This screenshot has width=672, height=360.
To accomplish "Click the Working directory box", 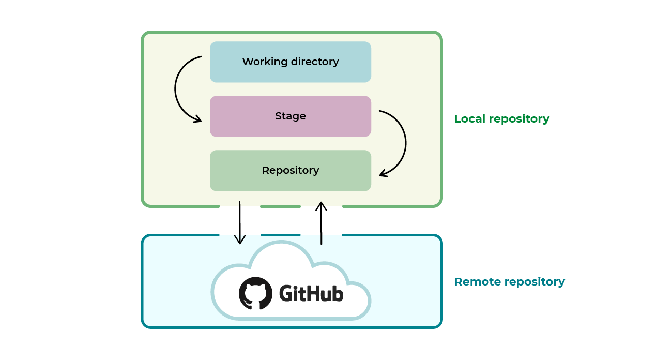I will (x=290, y=62).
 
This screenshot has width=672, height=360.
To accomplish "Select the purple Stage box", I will (x=290, y=116).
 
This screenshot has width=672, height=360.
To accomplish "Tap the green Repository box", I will (x=290, y=171).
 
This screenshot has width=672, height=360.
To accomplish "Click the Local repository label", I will (x=501, y=119).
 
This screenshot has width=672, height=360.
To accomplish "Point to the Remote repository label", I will (x=509, y=282).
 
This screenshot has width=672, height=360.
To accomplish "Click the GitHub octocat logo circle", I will (x=255, y=293).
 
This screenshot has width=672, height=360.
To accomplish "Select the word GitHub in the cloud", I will (x=311, y=294).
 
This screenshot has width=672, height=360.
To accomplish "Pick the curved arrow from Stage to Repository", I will (x=405, y=142).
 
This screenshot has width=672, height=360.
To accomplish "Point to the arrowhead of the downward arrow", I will (x=240, y=241).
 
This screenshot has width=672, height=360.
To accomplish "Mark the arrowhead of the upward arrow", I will (x=322, y=205).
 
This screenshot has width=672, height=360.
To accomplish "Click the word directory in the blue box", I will (x=315, y=62).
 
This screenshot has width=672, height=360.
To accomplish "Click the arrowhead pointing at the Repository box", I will (x=383, y=174).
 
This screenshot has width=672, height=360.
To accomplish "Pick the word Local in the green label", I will (x=469, y=119).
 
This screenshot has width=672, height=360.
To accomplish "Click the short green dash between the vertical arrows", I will (x=280, y=206).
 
